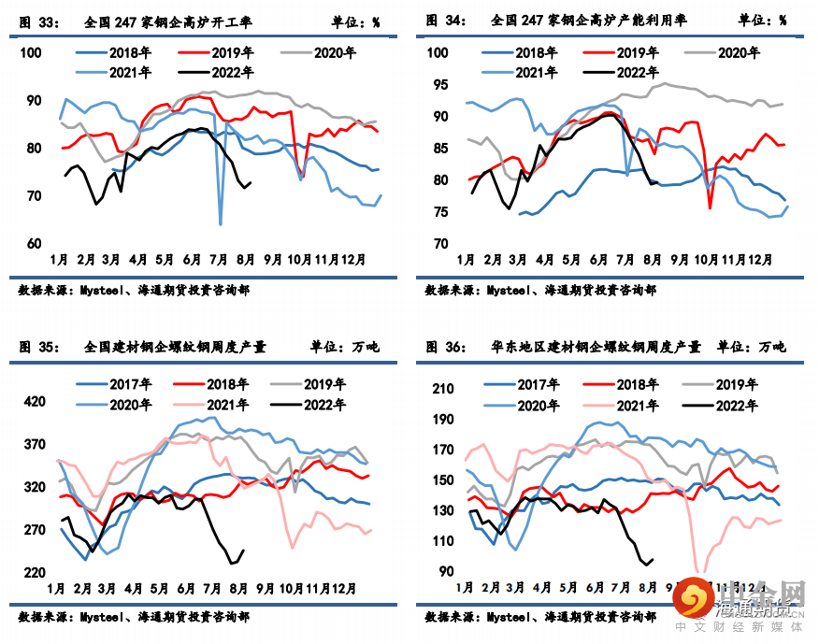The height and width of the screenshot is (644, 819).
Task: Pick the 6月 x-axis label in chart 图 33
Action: tap(194, 259)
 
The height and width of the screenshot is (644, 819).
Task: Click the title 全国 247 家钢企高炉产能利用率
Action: tap(585, 21)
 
